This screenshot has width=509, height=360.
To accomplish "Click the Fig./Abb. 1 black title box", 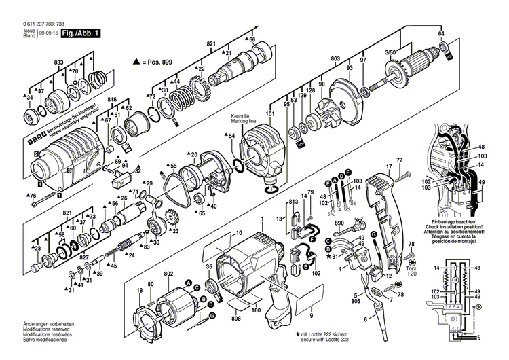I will tap(80, 33).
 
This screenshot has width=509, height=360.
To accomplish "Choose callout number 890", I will tap(340, 223).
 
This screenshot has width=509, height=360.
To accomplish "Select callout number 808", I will tap(236, 319).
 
